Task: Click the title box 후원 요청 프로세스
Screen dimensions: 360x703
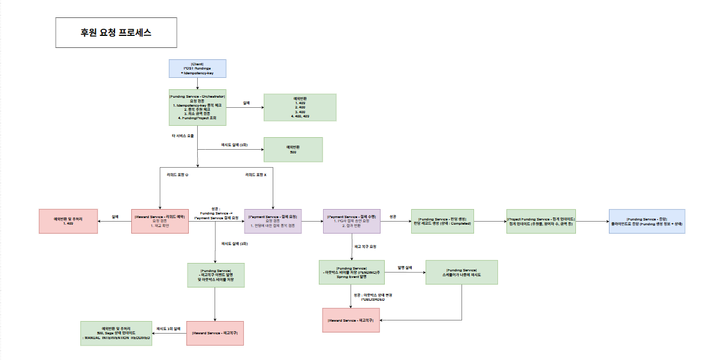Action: [116, 33]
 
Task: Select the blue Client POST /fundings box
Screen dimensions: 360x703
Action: [197, 68]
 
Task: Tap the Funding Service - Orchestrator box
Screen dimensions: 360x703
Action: [197, 108]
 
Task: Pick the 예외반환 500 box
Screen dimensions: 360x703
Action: [293, 149]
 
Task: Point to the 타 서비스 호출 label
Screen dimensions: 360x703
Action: [183, 136]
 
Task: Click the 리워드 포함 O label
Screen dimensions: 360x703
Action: [178, 174]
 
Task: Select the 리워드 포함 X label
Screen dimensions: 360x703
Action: [256, 174]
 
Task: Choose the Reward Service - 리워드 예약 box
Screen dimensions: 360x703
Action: [159, 221]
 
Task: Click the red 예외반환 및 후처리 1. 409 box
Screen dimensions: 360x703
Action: [68, 221]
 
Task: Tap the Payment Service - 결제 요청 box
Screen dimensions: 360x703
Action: [273, 221]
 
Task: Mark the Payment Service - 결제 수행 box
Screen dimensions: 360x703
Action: [351, 221]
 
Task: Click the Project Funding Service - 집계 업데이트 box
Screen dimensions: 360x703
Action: [541, 221]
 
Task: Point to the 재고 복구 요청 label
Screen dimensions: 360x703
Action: [365, 246]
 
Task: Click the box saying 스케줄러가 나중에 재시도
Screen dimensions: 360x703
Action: [461, 272]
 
